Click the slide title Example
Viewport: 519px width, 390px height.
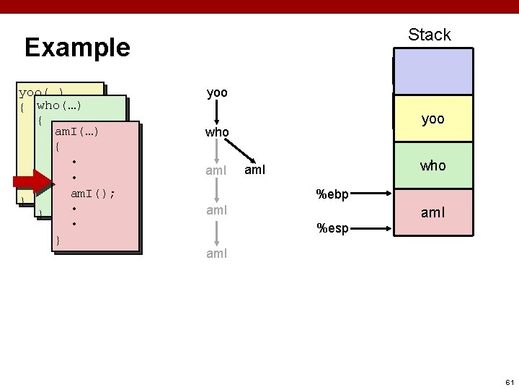pyautogui.click(x=77, y=48)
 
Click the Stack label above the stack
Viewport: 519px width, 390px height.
pyautogui.click(x=429, y=34)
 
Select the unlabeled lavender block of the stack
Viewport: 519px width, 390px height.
pyautogui.click(x=432, y=71)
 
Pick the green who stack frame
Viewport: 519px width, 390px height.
pyautogui.click(x=432, y=165)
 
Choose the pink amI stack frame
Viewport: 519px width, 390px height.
pyautogui.click(x=432, y=213)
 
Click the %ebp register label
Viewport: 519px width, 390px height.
pyautogui.click(x=333, y=194)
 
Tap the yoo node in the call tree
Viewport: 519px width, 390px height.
pyautogui.click(x=217, y=93)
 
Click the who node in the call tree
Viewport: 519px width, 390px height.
pyautogui.click(x=217, y=133)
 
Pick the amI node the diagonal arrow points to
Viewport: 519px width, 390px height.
pyautogui.click(x=257, y=170)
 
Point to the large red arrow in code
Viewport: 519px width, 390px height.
pyautogui.click(x=32, y=183)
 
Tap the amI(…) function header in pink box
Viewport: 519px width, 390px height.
pyautogui.click(x=76, y=131)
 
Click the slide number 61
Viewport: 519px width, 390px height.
pyautogui.click(x=509, y=381)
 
